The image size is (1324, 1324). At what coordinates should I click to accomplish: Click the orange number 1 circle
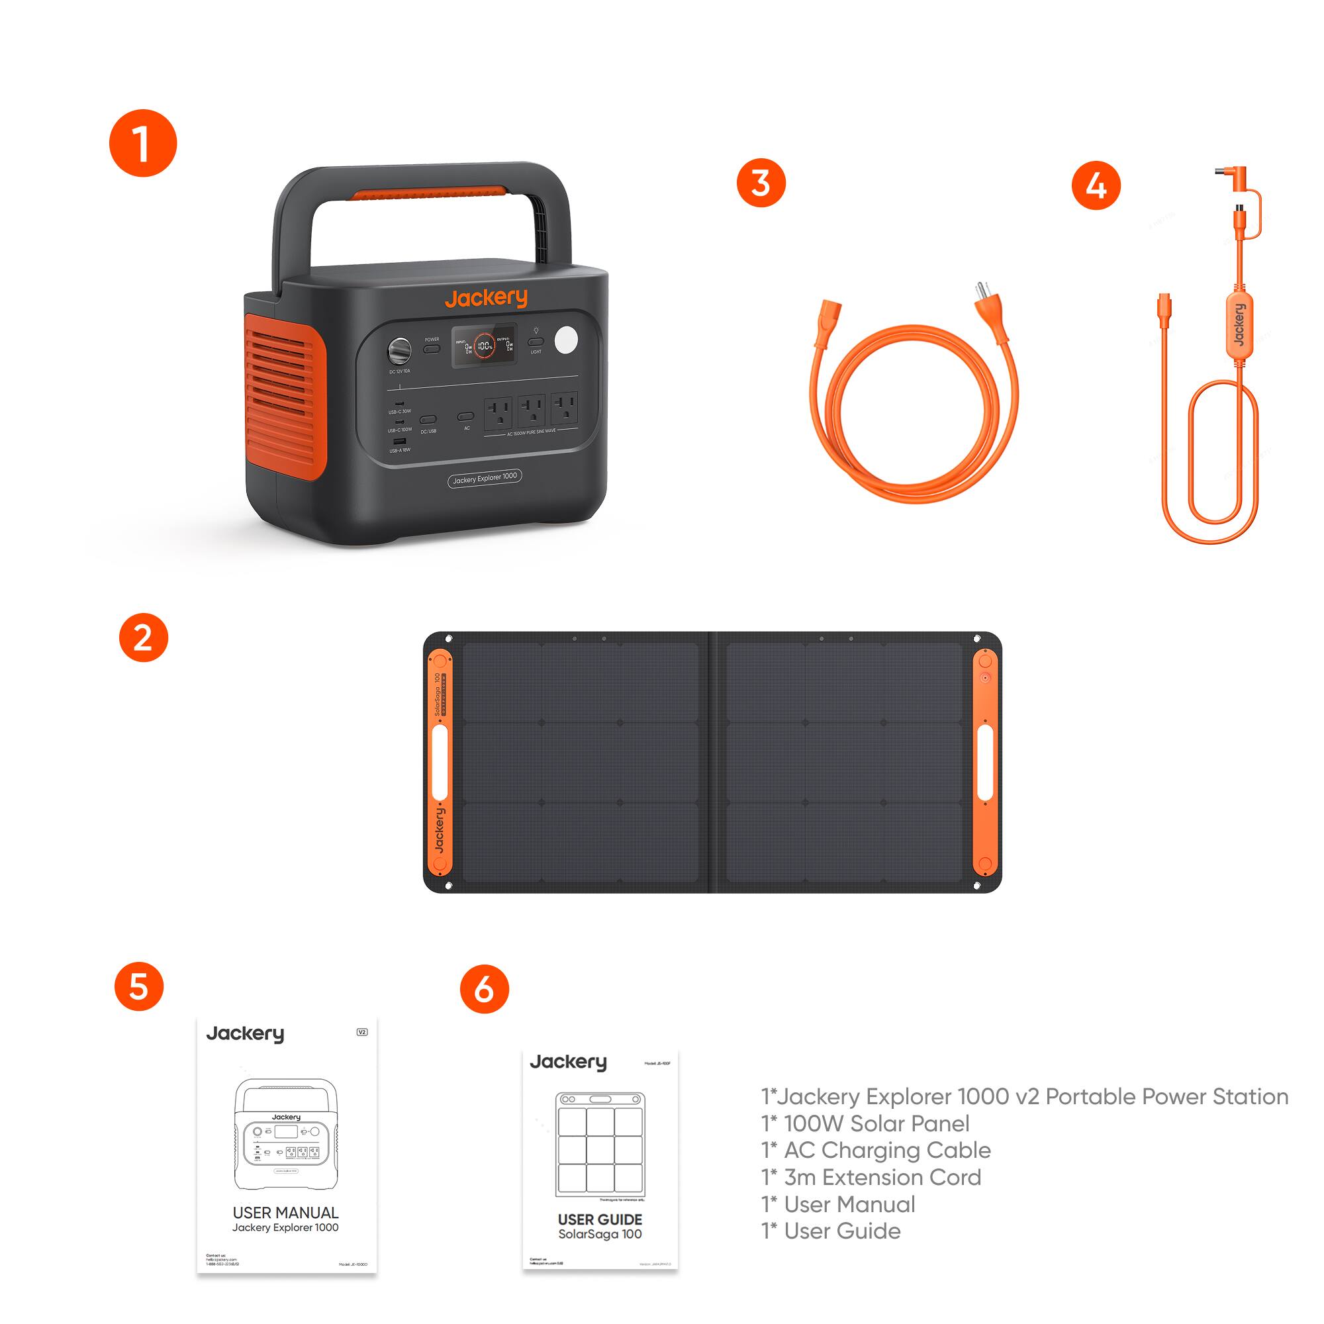tap(142, 143)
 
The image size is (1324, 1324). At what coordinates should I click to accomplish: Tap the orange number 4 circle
tap(1096, 186)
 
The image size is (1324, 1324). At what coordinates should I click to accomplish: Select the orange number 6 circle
tap(484, 989)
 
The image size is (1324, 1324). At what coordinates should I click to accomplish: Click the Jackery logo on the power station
tap(485, 298)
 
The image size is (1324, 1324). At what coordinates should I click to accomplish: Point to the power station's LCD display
tap(484, 346)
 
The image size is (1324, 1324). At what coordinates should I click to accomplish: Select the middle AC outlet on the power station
tap(531, 411)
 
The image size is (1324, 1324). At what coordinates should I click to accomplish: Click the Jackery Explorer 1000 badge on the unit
tap(485, 479)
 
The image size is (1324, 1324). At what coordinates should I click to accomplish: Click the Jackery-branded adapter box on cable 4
tap(1238, 325)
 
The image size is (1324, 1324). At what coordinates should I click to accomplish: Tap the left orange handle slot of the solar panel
tap(440, 762)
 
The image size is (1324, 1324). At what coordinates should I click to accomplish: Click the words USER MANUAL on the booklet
tap(285, 1212)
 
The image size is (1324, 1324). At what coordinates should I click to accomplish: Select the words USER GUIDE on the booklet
tap(600, 1219)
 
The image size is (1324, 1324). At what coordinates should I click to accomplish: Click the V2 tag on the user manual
tap(363, 1032)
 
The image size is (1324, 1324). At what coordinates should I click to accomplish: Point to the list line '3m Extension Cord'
tap(872, 1176)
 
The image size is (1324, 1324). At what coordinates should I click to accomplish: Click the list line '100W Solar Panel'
tap(865, 1123)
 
